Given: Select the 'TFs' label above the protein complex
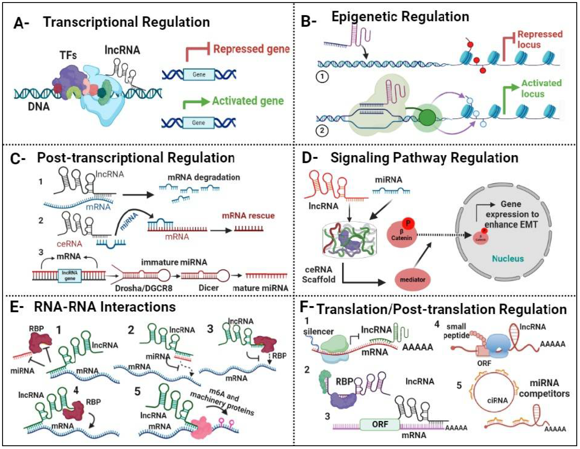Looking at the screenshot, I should coord(68,55).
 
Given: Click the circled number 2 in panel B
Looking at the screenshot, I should coord(322,131).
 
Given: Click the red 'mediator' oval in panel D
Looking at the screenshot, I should coord(412,280).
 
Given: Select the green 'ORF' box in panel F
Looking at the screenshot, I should coord(380,424).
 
